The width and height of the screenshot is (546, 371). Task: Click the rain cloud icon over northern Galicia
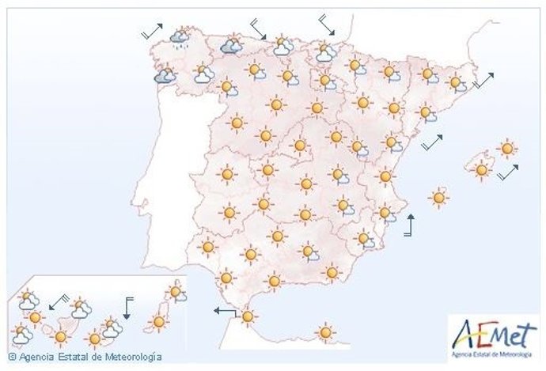pos(180,36)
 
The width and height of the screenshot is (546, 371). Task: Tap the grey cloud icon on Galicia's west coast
pos(165,76)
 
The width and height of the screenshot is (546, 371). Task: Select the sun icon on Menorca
pos(507,148)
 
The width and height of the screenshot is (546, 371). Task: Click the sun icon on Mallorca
pos(480,168)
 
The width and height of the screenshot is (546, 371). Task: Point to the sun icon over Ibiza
pos(439,197)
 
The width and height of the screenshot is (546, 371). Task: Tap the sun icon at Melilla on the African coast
pos(324,331)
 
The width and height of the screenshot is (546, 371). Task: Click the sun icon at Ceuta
pos(248,317)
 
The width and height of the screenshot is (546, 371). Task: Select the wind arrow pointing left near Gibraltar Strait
pos(225,312)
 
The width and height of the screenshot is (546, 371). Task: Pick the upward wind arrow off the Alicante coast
pos(409,225)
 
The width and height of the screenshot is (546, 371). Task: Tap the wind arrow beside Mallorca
pos(508,172)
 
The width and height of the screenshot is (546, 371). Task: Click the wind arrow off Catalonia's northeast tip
pos(483,80)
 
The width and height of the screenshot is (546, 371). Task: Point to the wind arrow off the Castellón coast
pos(432,142)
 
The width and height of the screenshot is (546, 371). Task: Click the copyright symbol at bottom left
pos(12,358)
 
